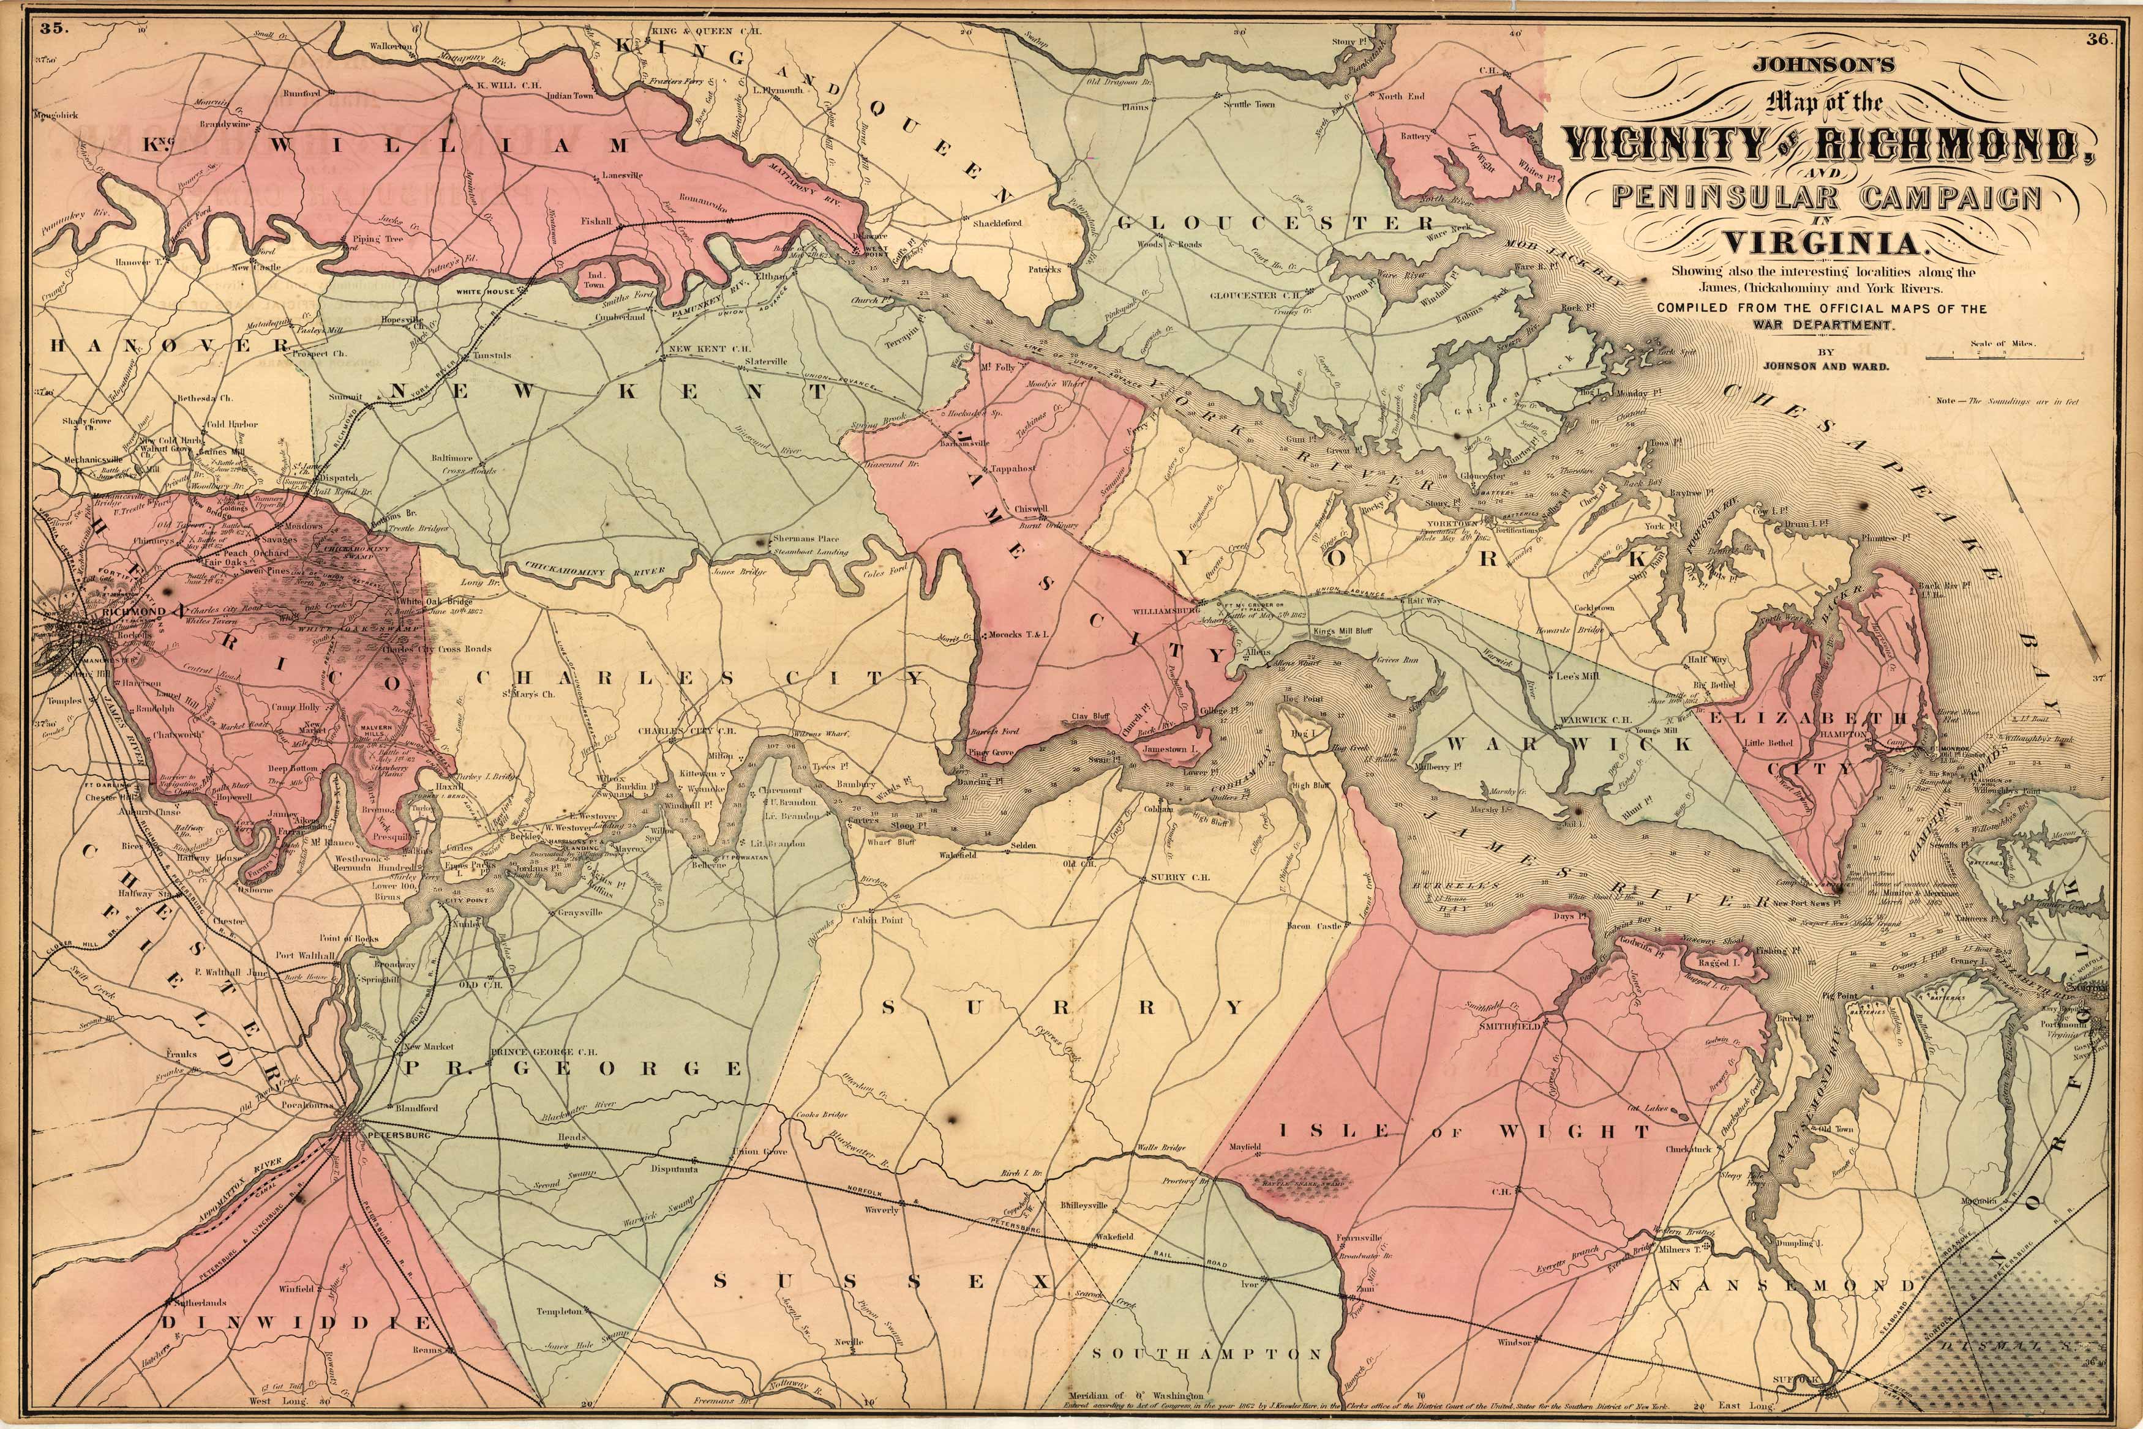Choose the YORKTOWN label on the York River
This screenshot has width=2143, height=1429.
[x=1447, y=524]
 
